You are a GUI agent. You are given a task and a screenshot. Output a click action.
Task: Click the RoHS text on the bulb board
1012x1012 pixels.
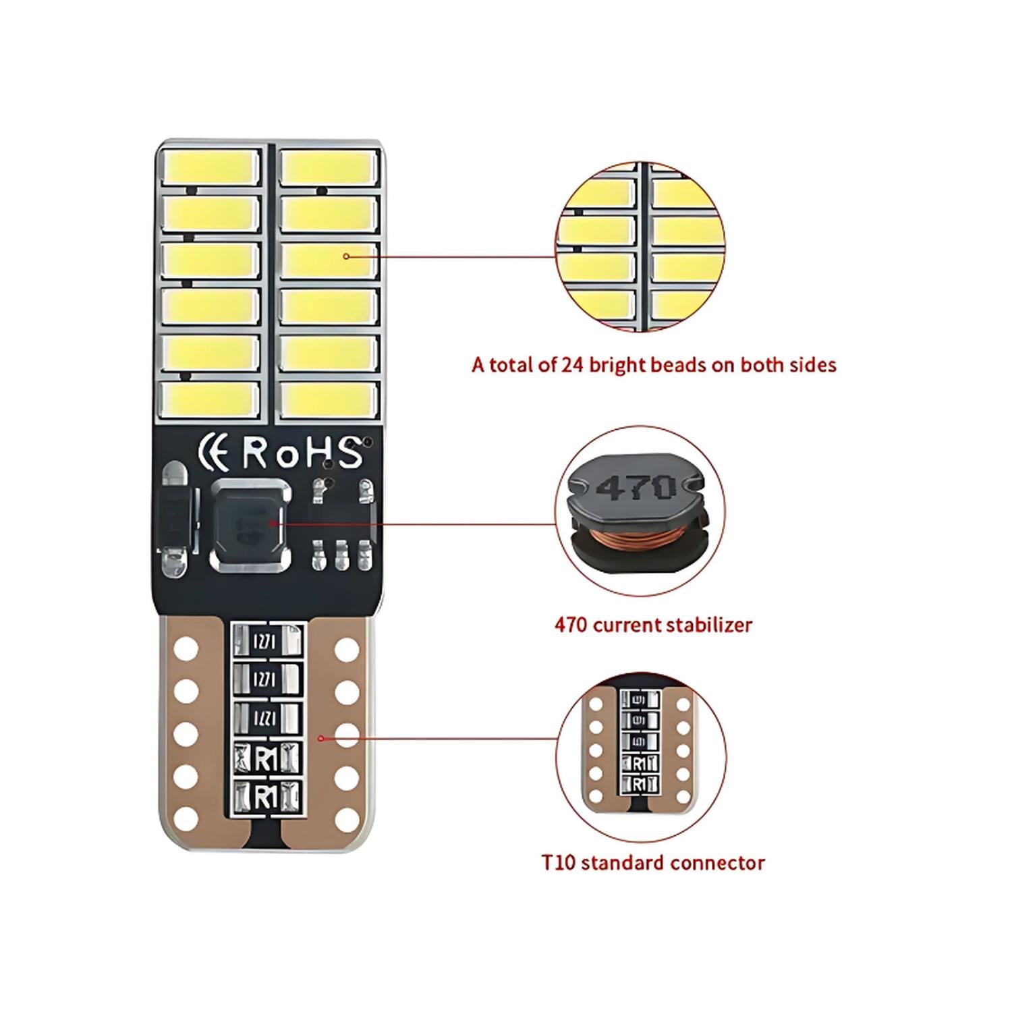pos(302,453)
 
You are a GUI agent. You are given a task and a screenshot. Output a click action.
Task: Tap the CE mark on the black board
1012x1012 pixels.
pos(215,453)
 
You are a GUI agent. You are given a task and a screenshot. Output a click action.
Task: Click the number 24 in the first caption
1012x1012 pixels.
pos(571,365)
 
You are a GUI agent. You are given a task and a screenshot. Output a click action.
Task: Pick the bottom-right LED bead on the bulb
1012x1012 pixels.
pos(329,400)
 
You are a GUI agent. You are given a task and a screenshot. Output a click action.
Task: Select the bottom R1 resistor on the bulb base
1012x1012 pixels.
pos(266,797)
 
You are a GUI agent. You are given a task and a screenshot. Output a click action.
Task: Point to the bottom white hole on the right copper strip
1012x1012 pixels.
pos(347,819)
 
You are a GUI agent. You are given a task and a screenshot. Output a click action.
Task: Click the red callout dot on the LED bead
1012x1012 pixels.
pos(346,256)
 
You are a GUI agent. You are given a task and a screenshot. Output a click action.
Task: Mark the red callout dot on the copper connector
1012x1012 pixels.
pos(321,739)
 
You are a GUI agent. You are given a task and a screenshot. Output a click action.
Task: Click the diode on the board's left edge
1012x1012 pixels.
pos(174,519)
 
